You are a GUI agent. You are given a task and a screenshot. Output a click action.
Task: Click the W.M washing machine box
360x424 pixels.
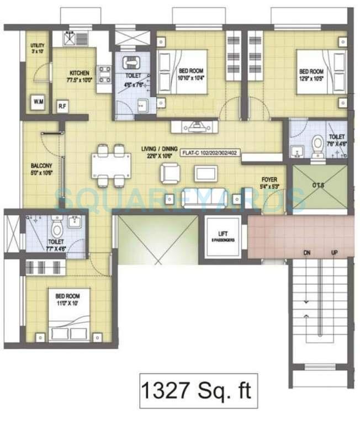(39, 102)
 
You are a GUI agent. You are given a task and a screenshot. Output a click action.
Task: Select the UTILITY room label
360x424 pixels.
(38, 49)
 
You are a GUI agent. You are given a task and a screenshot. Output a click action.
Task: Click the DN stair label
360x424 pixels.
(306, 253)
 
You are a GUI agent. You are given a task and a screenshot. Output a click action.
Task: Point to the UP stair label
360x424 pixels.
(333, 253)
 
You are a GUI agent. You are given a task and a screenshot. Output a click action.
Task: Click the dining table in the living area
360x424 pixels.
(110, 164)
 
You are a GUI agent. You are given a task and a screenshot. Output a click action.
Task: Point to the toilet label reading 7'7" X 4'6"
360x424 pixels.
(56, 245)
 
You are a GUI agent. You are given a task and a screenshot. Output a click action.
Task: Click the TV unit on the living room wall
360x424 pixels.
(195, 126)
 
